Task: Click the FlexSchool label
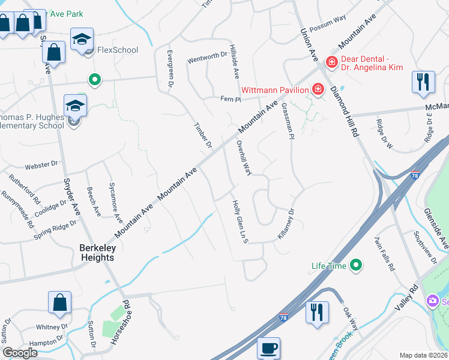pyautogui.click(x=118, y=50)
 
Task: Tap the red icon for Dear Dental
pyautogui.click(x=331, y=61)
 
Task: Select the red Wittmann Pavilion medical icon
pyautogui.click(x=318, y=90)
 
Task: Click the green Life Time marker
pyautogui.click(x=356, y=265)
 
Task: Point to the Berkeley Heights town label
pyautogui.click(x=97, y=253)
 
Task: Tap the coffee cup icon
pyautogui.click(x=268, y=347)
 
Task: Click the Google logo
pyautogui.click(x=20, y=353)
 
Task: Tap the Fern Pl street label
pyautogui.click(x=231, y=99)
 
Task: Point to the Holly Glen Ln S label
pyautogui.click(x=240, y=221)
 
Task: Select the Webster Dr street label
pyautogui.click(x=41, y=163)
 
